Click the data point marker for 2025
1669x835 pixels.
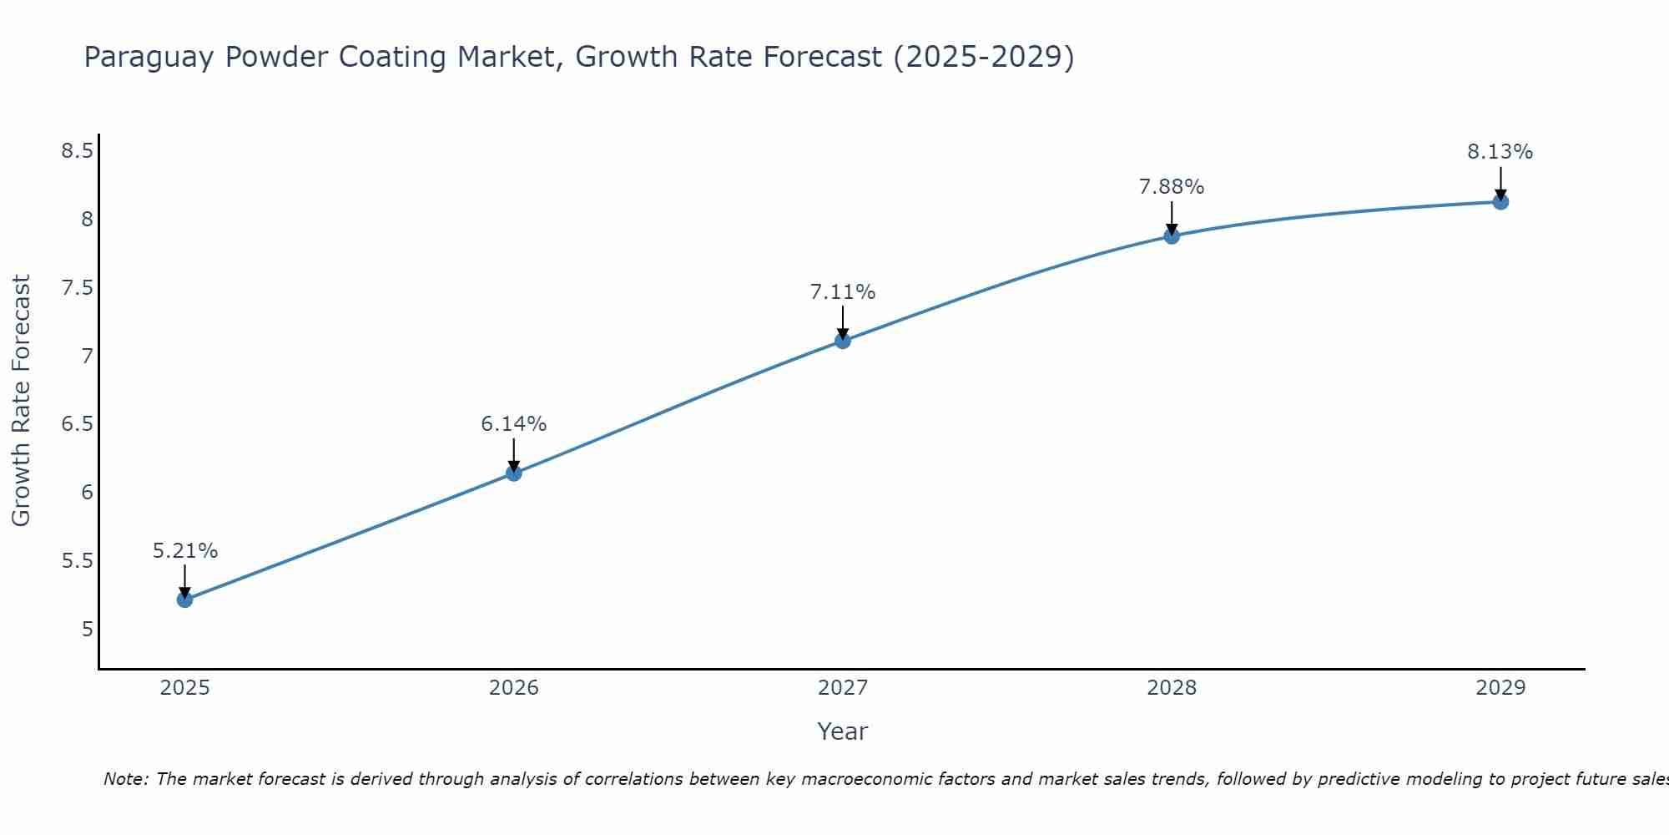coord(185,600)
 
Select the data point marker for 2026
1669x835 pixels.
coord(514,473)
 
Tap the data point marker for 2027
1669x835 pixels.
coord(843,341)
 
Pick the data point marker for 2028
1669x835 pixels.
coord(1172,236)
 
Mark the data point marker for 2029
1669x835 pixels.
coord(1500,202)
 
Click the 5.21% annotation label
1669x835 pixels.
coord(185,551)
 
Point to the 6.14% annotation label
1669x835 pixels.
coord(514,424)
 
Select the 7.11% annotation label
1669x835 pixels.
coord(843,292)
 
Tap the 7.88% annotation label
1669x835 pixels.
coord(1172,187)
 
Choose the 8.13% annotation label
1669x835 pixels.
coord(1500,152)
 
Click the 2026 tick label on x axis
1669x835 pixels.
coord(514,688)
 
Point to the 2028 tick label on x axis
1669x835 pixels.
coord(1172,688)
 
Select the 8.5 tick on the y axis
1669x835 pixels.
coord(77,151)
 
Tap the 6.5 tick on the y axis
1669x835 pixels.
coord(77,424)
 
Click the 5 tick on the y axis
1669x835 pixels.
coord(88,629)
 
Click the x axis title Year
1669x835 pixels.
coord(843,731)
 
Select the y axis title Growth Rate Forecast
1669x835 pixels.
coord(22,401)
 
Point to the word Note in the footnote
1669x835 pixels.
coord(125,779)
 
